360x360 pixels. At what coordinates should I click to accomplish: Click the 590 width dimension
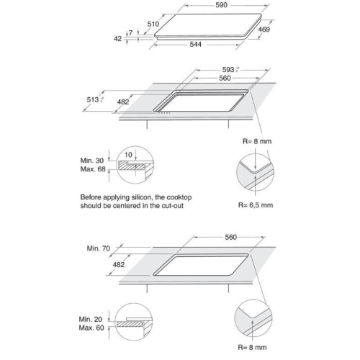pos(221,5)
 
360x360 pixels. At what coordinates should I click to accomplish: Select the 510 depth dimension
pos(153,24)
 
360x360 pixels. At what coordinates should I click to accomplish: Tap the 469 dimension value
pos(264,30)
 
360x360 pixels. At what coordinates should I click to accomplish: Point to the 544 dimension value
pos(196,45)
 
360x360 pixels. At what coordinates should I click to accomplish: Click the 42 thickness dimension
pos(117,38)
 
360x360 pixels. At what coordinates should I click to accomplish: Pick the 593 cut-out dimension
pos(228,70)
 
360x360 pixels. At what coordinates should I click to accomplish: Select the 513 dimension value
pos(93,99)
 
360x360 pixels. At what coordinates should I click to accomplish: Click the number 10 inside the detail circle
pos(128,155)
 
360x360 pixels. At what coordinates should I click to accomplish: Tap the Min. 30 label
pos(92,161)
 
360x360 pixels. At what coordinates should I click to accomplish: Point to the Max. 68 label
pos(93,169)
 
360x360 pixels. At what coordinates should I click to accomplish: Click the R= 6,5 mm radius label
pos(256,205)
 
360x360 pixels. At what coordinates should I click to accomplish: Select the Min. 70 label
pos(99,248)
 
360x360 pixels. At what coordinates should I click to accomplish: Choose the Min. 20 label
pos(91,319)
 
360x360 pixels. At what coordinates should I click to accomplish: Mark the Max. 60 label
pos(91,328)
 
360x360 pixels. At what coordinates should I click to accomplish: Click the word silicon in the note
pos(142,197)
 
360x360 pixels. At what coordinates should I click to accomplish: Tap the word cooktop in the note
pos(179,197)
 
